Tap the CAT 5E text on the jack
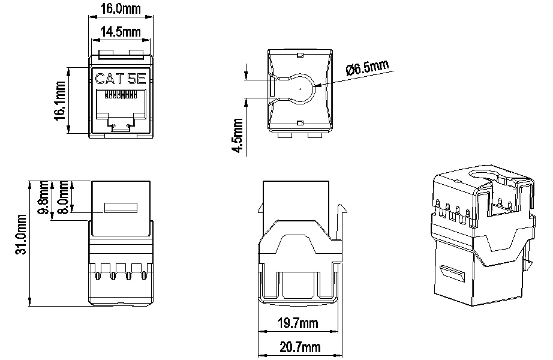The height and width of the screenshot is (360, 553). tap(120, 78)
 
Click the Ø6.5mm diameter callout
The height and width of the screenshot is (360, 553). tap(368, 69)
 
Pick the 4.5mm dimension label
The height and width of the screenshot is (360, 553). tap(238, 137)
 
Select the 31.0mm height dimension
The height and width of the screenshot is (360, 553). tap(20, 235)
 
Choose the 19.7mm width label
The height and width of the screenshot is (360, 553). tap(297, 325)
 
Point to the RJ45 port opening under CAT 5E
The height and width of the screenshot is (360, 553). tap(121, 108)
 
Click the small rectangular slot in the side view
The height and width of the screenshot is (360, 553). tap(121, 208)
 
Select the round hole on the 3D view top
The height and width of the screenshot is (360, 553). tap(480, 176)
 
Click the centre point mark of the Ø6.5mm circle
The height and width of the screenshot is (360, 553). tap(299, 88)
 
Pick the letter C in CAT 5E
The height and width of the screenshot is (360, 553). tap(101, 78)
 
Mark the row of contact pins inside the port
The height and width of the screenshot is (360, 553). tap(121, 95)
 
